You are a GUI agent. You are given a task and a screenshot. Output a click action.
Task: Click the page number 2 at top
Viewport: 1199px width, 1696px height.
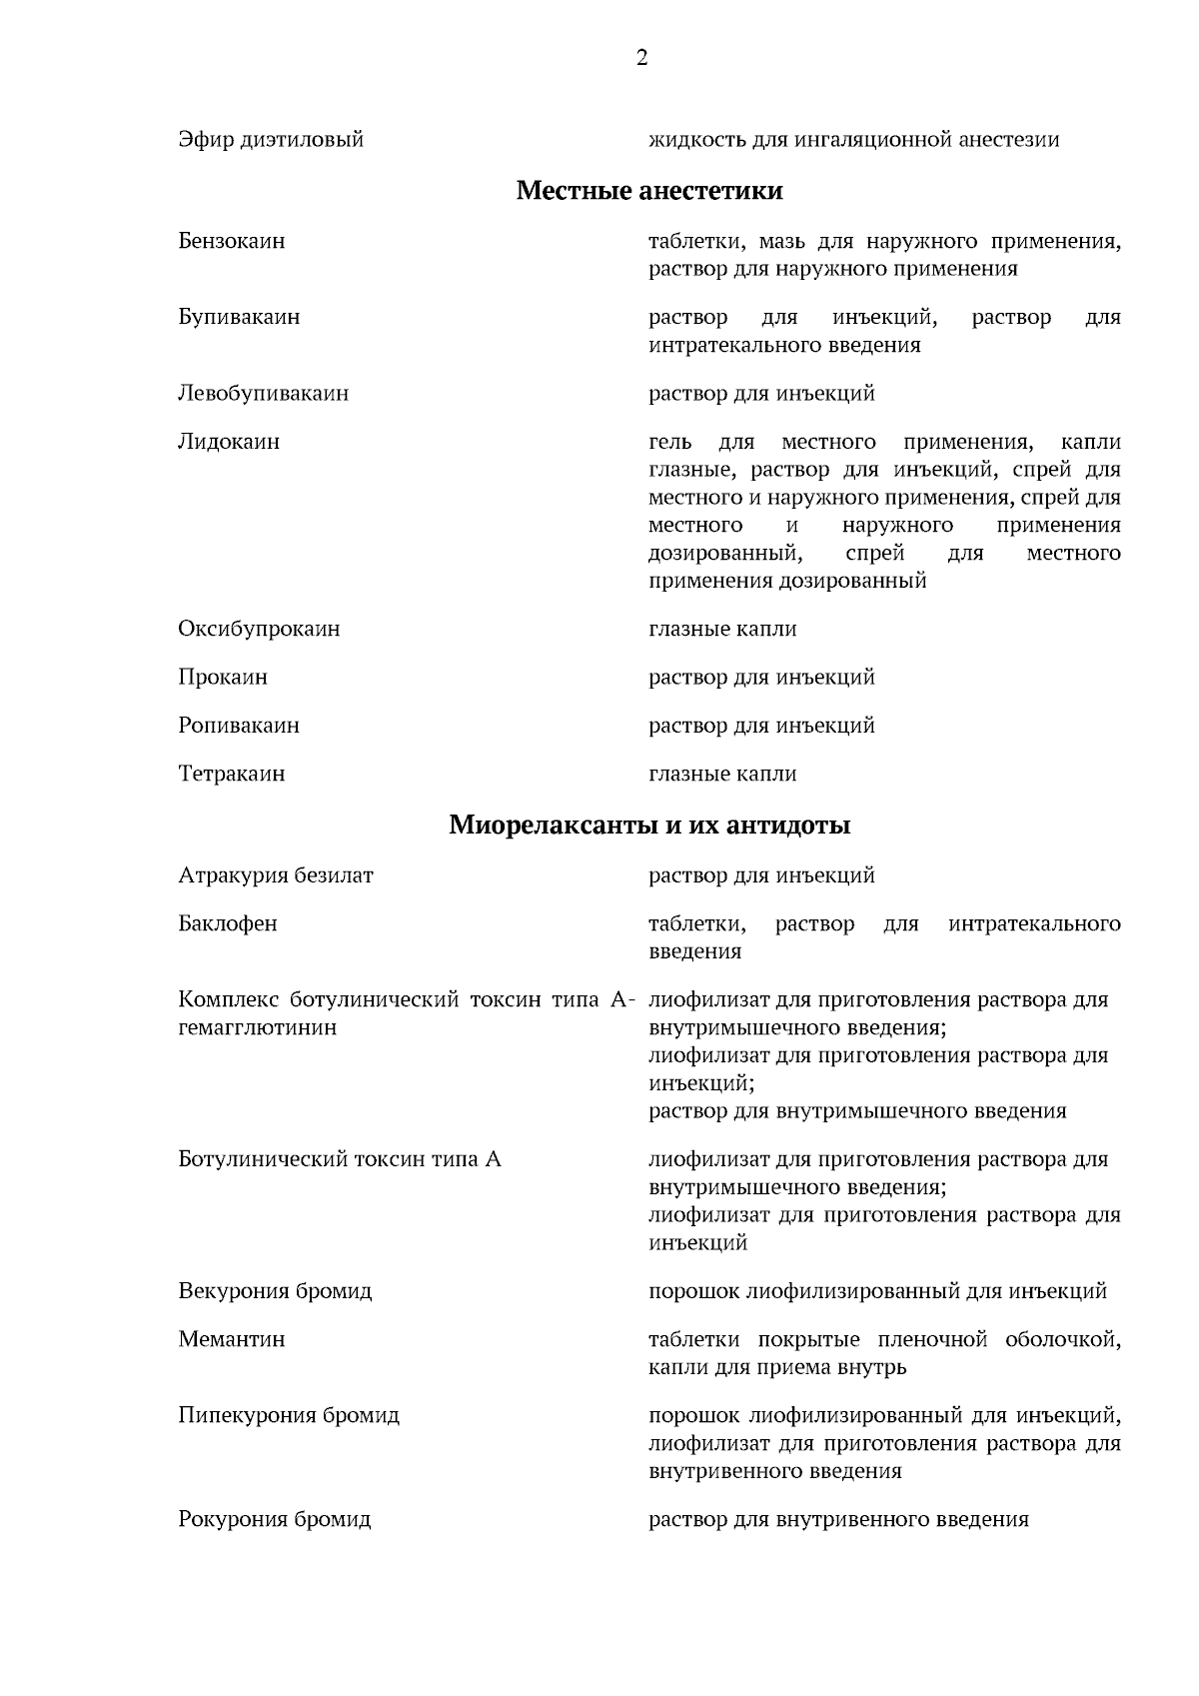(641, 58)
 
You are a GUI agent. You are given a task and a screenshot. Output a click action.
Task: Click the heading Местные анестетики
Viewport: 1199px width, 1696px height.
(649, 190)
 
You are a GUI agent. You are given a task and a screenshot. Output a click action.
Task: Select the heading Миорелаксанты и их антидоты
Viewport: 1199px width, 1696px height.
(649, 826)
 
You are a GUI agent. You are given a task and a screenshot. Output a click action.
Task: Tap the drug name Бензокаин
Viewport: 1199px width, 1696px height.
(231, 241)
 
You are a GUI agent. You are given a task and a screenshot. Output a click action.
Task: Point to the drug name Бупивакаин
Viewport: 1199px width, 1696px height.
(239, 317)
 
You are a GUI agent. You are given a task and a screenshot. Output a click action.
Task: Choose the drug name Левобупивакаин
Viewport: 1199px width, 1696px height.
(263, 393)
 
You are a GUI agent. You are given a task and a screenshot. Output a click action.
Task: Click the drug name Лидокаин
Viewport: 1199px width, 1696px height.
(229, 442)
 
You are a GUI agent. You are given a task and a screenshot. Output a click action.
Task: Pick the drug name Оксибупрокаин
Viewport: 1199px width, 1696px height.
(259, 629)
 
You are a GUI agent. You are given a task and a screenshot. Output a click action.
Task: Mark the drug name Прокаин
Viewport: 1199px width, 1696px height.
(223, 677)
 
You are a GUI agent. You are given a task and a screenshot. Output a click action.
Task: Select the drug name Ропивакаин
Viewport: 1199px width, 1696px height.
(239, 725)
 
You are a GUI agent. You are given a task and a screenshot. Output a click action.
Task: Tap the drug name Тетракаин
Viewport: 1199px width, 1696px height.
(231, 774)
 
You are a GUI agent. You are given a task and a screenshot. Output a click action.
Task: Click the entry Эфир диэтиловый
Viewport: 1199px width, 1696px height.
(271, 139)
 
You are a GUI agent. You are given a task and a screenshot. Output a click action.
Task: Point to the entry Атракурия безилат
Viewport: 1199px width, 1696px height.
(276, 875)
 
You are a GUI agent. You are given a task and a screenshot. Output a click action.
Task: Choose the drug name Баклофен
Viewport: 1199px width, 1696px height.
(228, 923)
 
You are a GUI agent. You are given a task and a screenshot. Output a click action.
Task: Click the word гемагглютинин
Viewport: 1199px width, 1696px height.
(257, 1027)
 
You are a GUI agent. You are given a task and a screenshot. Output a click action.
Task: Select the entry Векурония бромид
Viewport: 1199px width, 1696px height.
(275, 1290)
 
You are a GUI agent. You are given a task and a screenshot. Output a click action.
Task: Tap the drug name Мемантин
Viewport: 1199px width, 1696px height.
(231, 1338)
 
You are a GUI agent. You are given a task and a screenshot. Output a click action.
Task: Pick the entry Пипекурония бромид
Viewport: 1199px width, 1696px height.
(289, 1415)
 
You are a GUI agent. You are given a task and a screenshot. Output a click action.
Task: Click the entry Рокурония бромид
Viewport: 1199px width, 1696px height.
(275, 1519)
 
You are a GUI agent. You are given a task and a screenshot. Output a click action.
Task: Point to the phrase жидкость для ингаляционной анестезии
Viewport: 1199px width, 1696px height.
(854, 139)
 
